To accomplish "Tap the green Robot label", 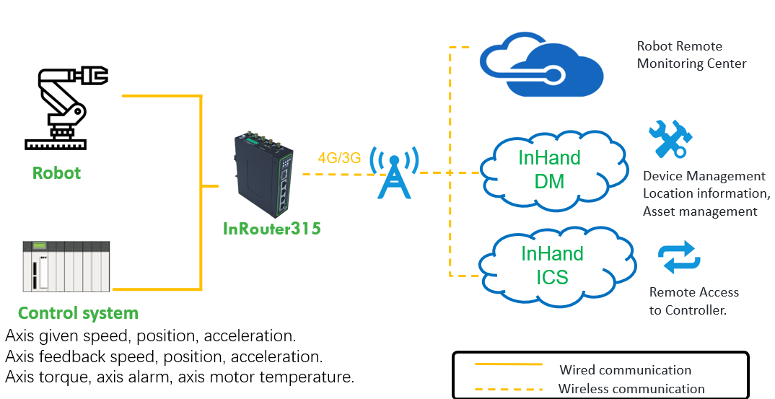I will coord(56,173).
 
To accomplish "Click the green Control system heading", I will coord(78,313).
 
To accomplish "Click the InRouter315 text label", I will coord(271,229).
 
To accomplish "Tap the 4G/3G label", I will coord(339,158).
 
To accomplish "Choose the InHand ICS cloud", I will coord(552,265).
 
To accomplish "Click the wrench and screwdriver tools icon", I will coord(670,139).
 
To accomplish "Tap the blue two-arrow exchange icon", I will coord(679,258).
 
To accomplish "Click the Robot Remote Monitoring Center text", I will coord(691,55).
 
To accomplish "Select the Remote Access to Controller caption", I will coord(693,302).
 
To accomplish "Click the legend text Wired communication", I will coord(625,370).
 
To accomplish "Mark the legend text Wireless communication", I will coord(631,388).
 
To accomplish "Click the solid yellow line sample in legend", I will coord(508,364).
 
